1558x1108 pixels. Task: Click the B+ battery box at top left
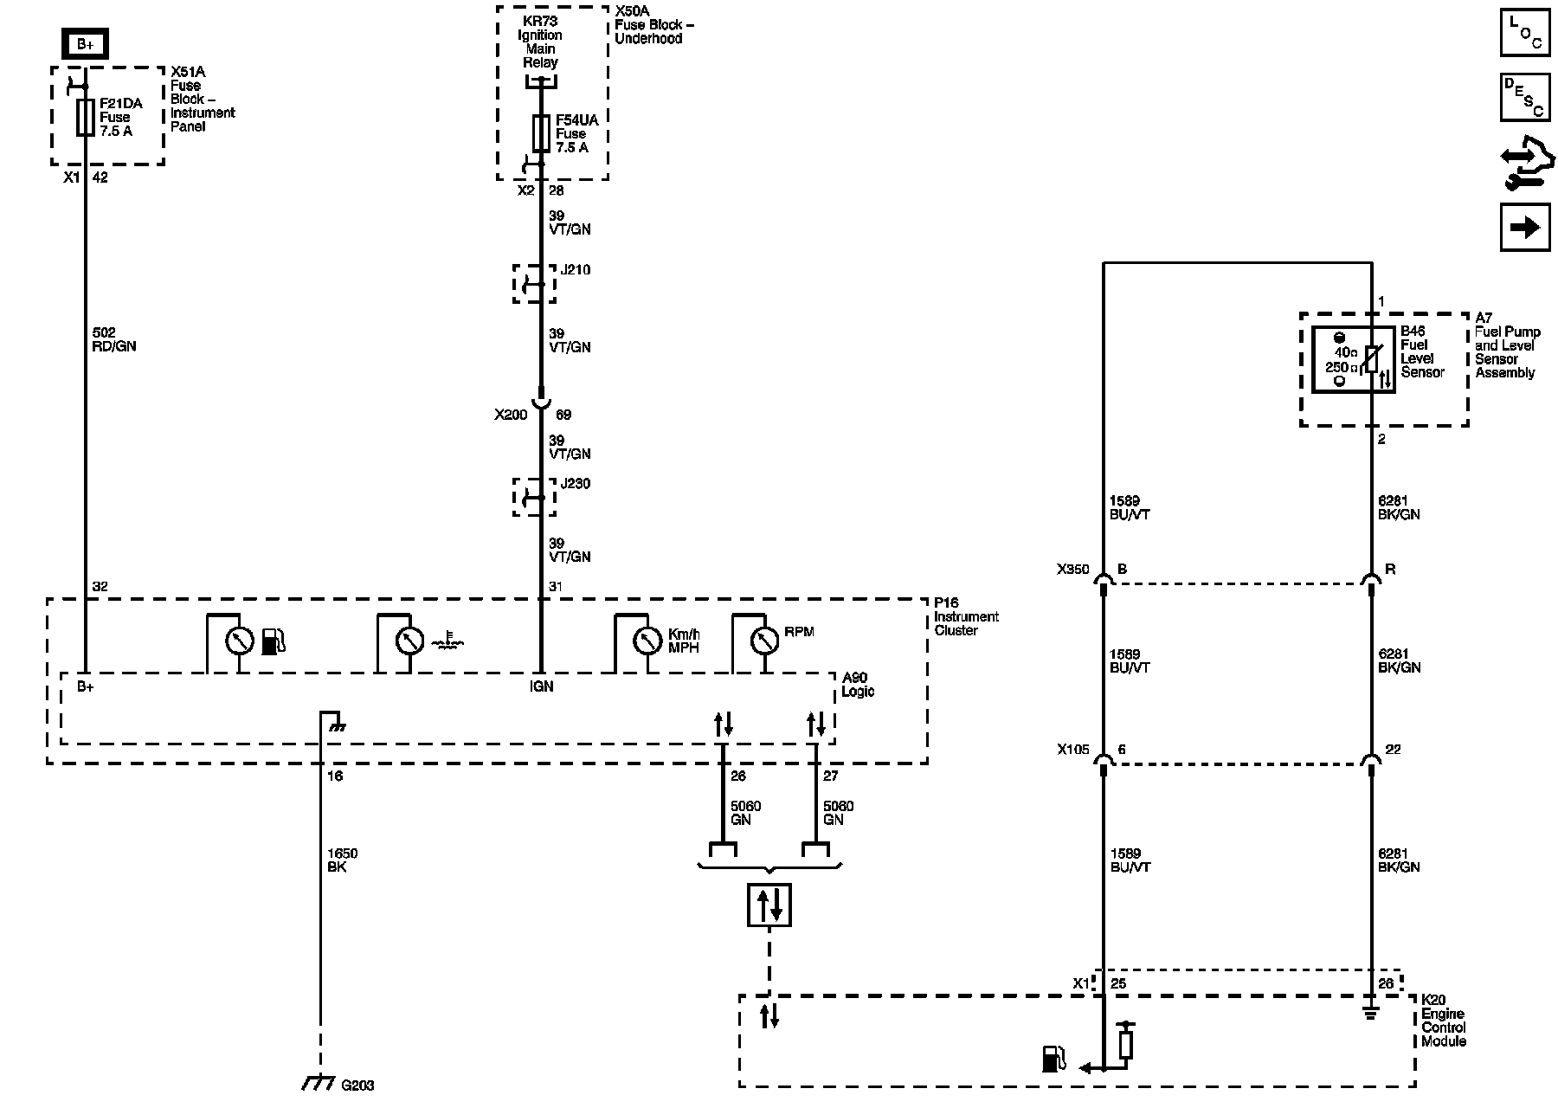tap(85, 44)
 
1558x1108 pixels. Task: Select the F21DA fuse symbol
tap(85, 117)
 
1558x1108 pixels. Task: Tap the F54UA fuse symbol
tap(541, 133)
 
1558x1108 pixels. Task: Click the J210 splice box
tap(535, 284)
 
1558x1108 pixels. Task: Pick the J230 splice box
tap(535, 497)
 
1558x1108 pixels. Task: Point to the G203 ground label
tap(357, 1085)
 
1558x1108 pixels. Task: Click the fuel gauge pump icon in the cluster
tap(273, 641)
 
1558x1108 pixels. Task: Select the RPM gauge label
tap(799, 632)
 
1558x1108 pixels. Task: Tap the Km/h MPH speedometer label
tap(683, 641)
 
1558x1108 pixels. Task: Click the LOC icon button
tap(1525, 33)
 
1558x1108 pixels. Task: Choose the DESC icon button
tap(1525, 97)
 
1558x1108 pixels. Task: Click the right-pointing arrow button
tap(1525, 227)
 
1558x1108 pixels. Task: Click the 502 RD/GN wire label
tap(114, 339)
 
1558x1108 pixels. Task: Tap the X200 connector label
tap(511, 415)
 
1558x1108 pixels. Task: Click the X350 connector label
tap(1072, 570)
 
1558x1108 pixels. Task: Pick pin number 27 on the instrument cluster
tap(831, 776)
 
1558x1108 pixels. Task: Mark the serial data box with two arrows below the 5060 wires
tap(769, 905)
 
